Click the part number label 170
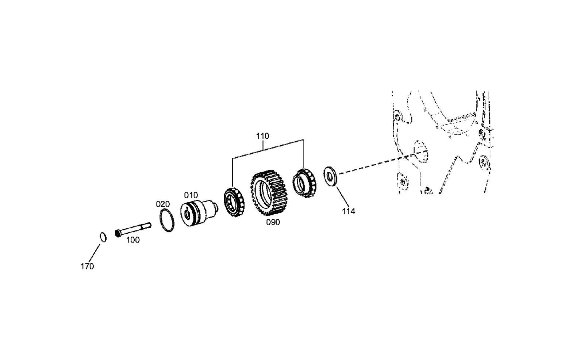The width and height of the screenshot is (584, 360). (x=87, y=266)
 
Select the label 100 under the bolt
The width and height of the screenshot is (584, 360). (x=133, y=240)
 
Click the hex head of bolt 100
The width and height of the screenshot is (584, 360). (x=118, y=233)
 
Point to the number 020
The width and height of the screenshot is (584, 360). (x=163, y=204)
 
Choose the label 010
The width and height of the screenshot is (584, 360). (x=191, y=195)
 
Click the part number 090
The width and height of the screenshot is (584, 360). (x=273, y=222)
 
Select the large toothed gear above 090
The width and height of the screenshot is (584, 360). (x=269, y=193)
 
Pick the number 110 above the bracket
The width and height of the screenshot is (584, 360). (x=262, y=136)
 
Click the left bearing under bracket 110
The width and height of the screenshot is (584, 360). (x=234, y=202)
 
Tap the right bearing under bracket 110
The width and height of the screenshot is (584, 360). (x=304, y=183)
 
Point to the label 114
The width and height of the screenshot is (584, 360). (x=349, y=211)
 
